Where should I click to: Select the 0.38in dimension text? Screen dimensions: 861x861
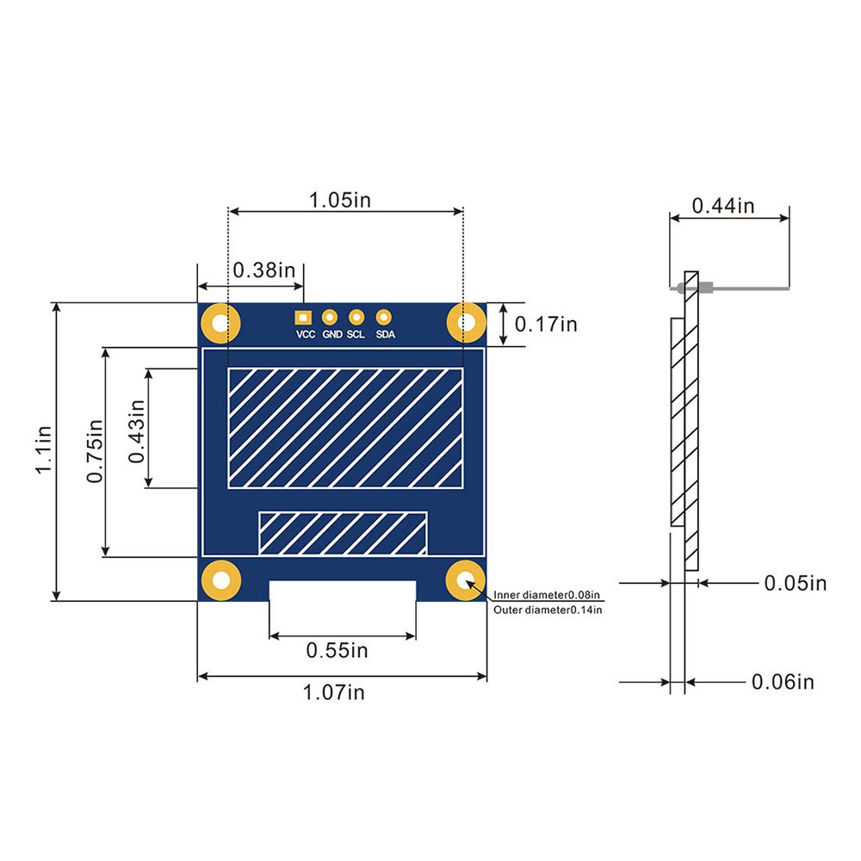pos(263,269)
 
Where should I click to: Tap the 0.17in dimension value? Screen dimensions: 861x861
pos(546,325)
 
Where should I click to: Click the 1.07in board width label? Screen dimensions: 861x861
pos(333,691)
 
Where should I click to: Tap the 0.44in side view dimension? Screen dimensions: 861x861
pos(722,206)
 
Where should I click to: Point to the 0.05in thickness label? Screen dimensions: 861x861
pos(795,584)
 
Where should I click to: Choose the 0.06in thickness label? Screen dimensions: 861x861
pos(782,683)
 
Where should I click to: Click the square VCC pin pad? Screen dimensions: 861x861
pos(302,317)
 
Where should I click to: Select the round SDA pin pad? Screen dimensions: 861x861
pos(384,317)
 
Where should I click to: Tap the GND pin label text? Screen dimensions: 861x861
pos(332,335)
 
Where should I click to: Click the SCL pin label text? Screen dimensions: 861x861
pos(356,335)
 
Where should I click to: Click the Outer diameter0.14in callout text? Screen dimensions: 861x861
pos(548,610)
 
